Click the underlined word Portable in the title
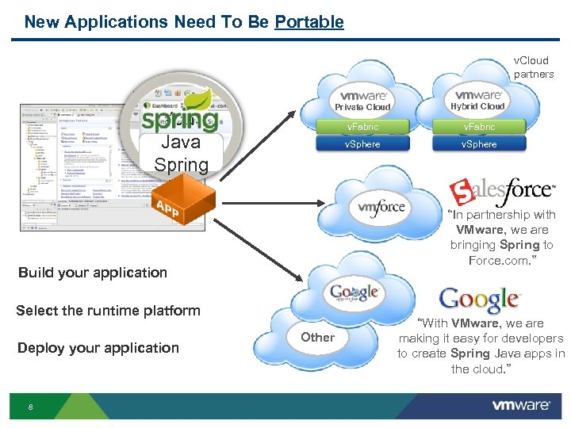coord(309,22)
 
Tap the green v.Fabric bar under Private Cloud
coord(362,127)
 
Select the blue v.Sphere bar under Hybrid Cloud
coord(479,144)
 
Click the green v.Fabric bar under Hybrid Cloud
coord(479,127)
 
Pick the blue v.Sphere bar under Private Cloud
coord(362,144)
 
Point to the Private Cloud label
coord(362,107)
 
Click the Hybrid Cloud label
coord(477,106)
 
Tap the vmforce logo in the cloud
coord(381,208)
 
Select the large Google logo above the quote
coord(479,300)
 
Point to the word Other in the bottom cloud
coord(317,337)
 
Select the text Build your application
coord(93,273)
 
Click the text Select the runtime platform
coord(108,311)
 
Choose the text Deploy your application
coord(98,348)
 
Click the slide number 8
coord(30,407)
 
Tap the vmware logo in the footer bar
coord(521,406)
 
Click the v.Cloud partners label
coord(533,67)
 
